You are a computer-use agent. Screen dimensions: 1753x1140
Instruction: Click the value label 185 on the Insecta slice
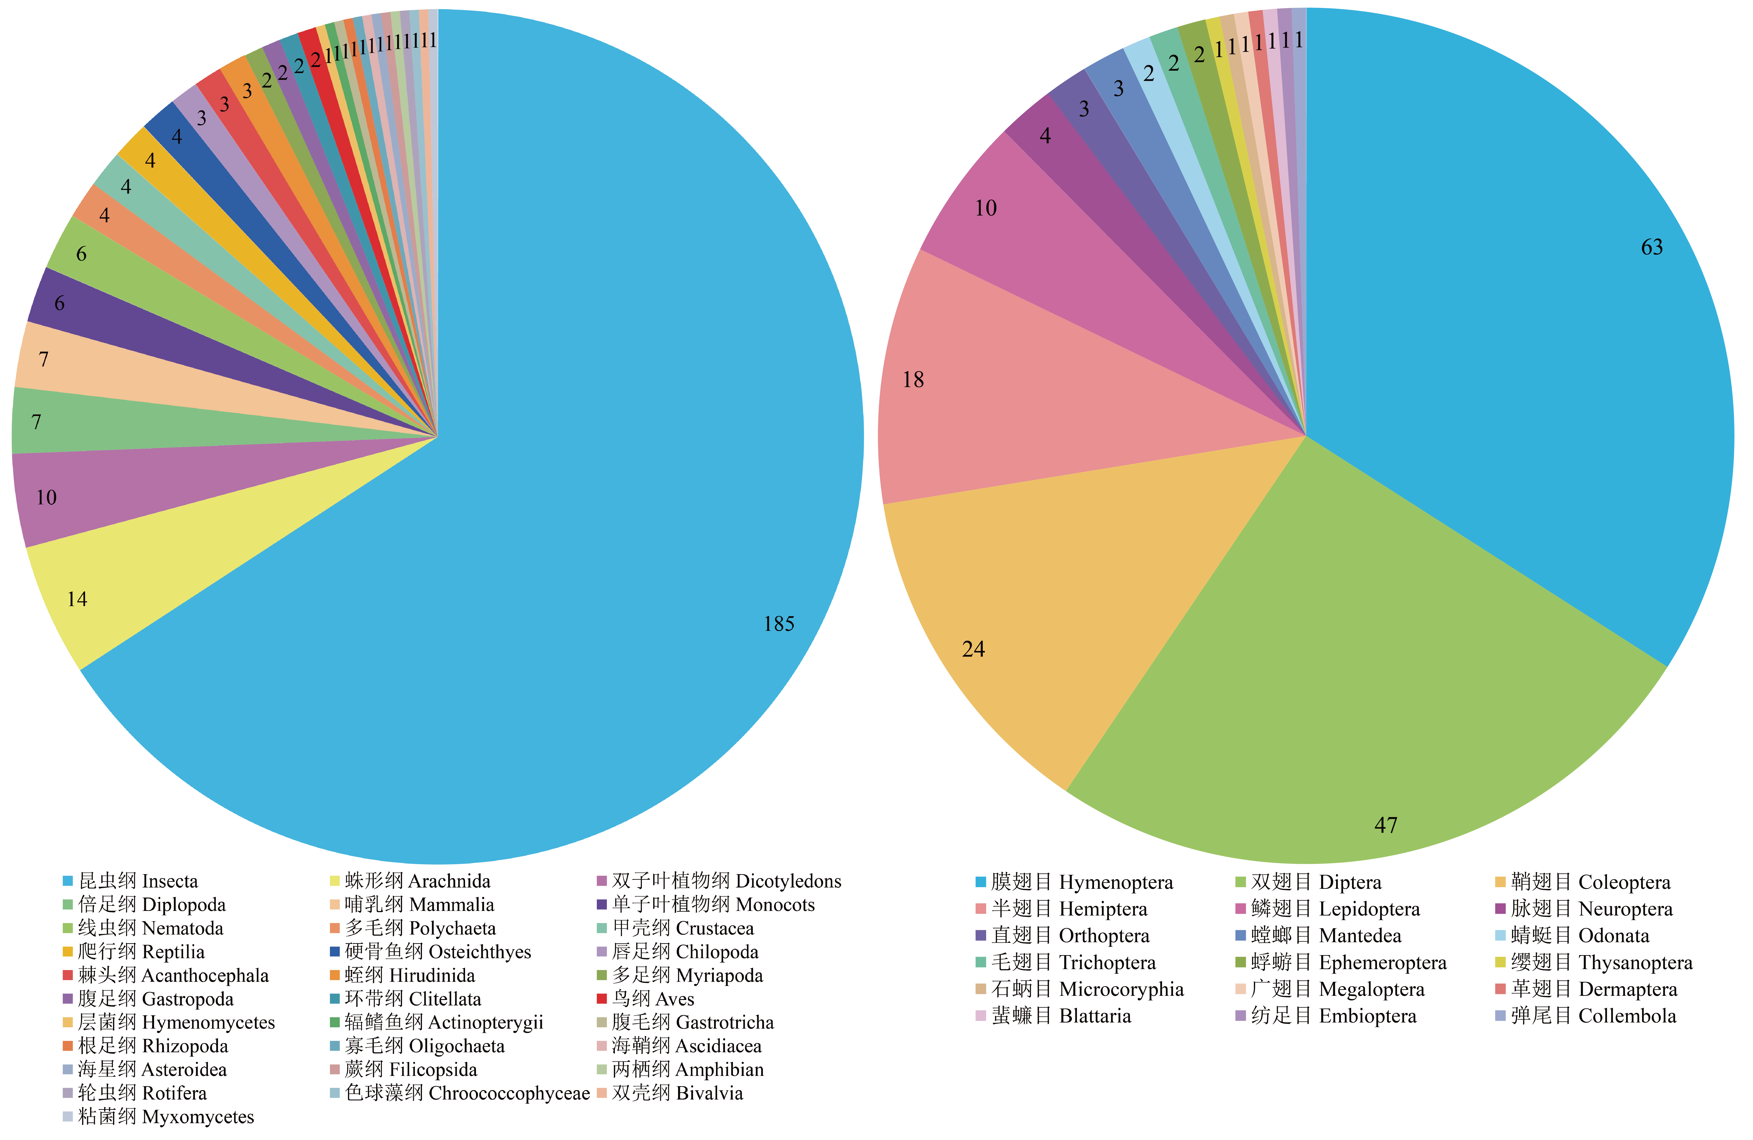tap(778, 624)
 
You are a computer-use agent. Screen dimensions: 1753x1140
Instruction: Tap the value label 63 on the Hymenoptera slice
tap(1652, 247)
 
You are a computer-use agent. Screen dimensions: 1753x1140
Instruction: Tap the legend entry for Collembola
tap(1586, 1016)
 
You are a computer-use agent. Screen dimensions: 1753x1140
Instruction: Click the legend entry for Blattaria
tap(1053, 1016)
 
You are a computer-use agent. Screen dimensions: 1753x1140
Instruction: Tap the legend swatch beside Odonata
tap(1500, 936)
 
